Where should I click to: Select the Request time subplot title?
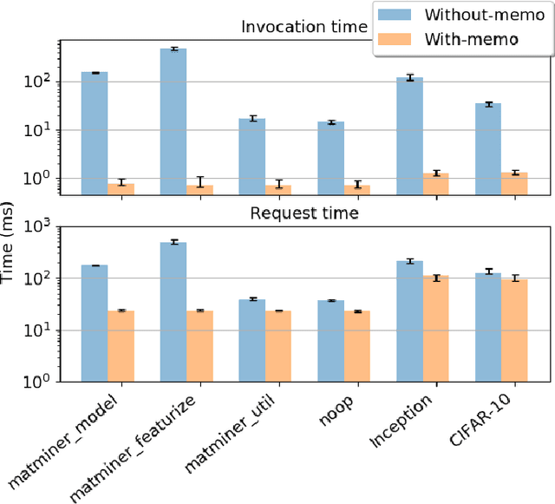(304, 212)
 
